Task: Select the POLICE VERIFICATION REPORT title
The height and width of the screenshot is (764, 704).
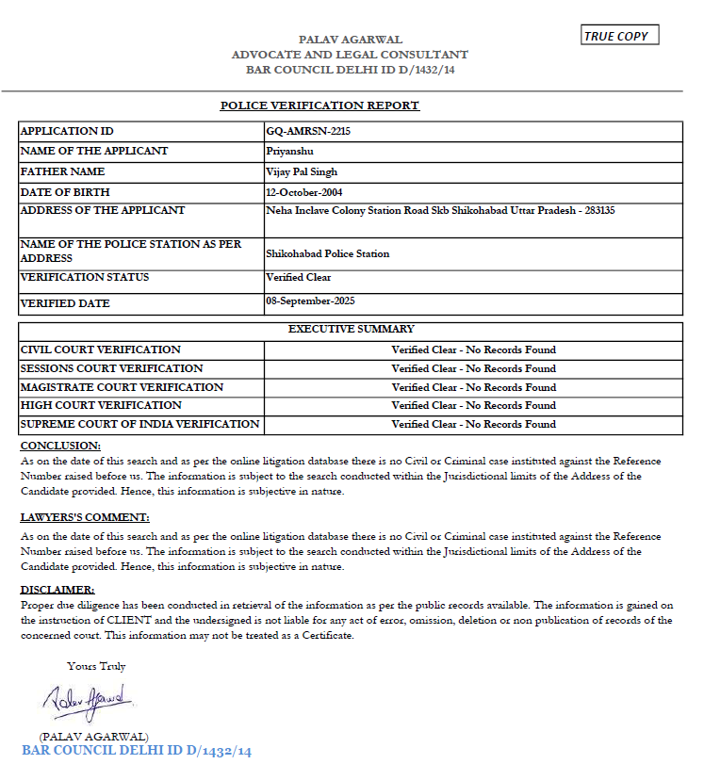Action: pyautogui.click(x=319, y=106)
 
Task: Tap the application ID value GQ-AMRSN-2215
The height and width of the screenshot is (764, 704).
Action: pyautogui.click(x=308, y=132)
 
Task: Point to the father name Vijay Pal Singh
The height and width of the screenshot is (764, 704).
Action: pyautogui.click(x=303, y=172)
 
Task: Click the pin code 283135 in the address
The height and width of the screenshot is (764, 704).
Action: pyautogui.click(x=598, y=211)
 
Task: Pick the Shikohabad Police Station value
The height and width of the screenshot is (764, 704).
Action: pyautogui.click(x=328, y=253)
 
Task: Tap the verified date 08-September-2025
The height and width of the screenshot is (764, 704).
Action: pyautogui.click(x=316, y=301)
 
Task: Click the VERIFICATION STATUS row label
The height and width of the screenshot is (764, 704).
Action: pyautogui.click(x=85, y=278)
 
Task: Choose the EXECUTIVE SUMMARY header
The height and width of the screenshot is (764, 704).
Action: pyautogui.click(x=351, y=330)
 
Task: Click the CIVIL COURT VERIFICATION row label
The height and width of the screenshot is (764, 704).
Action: pyautogui.click(x=101, y=349)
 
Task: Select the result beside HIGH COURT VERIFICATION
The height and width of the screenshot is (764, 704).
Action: pyautogui.click(x=473, y=405)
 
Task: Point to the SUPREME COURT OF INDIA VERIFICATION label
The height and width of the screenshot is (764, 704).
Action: pyautogui.click(x=139, y=424)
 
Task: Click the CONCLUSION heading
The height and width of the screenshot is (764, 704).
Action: pyautogui.click(x=60, y=445)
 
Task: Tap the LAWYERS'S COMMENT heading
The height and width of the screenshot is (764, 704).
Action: pyautogui.click(x=85, y=517)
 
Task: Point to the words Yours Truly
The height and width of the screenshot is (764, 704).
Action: pyautogui.click(x=96, y=666)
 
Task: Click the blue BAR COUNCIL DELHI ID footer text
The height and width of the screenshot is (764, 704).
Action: pyautogui.click(x=137, y=751)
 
